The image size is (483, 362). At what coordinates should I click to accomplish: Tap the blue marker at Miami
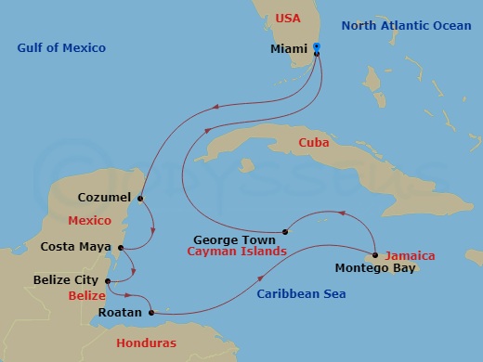click(x=317, y=46)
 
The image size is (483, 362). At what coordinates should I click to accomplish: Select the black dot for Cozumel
click(x=140, y=198)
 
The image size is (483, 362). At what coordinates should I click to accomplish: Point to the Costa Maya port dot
click(x=122, y=247)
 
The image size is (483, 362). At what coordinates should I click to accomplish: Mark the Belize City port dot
click(x=109, y=280)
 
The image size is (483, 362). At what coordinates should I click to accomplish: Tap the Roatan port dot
click(x=148, y=313)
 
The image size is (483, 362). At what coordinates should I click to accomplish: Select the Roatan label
click(x=120, y=313)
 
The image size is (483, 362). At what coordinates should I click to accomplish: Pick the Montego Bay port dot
click(x=374, y=255)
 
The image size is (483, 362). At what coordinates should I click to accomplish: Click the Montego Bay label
click(x=369, y=270)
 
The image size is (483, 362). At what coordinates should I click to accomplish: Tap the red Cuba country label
click(x=314, y=142)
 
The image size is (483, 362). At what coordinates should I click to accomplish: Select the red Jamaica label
click(x=411, y=255)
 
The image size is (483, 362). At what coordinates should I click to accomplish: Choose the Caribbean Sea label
click(x=300, y=294)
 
